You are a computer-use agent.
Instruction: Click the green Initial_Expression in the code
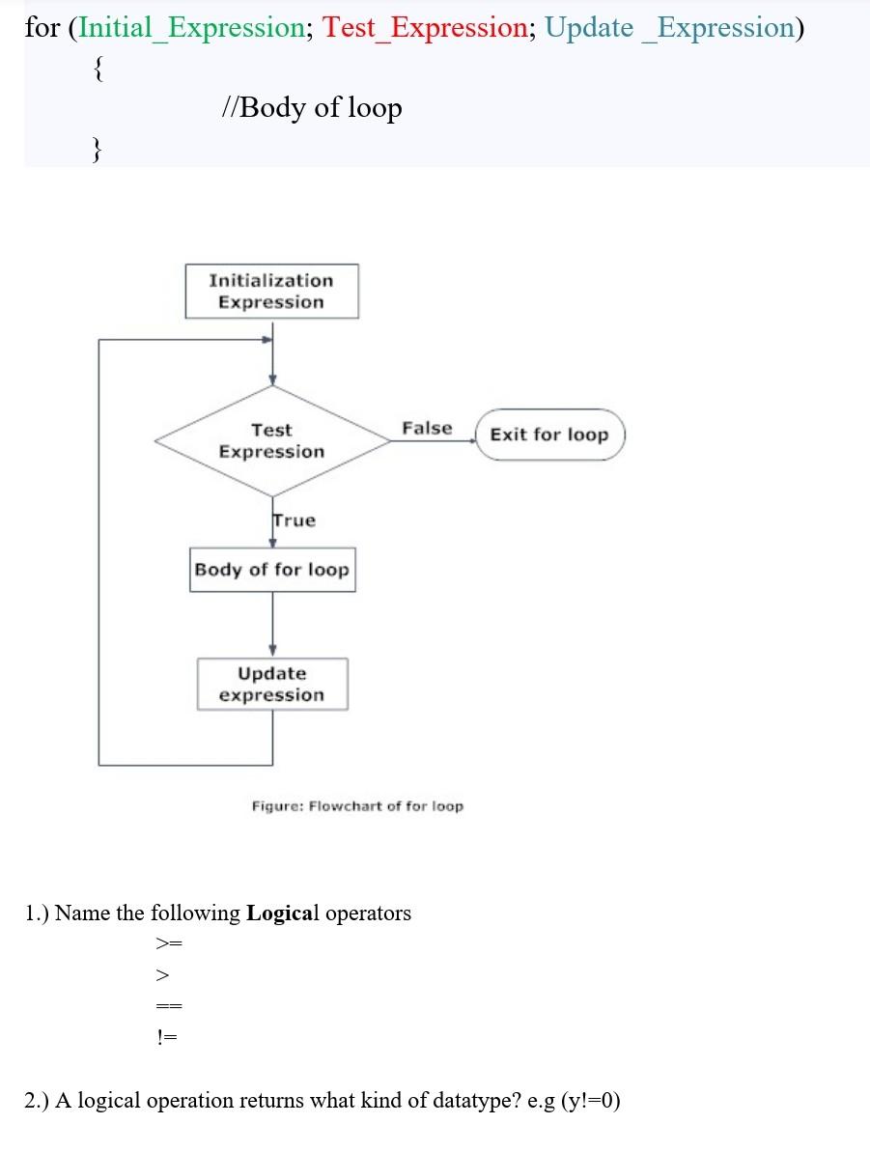coord(191,27)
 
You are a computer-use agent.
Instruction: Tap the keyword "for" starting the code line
coord(42,27)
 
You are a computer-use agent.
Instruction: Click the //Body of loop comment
coord(311,106)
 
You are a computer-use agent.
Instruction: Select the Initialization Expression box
coord(271,292)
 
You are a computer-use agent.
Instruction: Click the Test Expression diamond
coord(271,441)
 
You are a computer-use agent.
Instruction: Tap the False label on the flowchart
coord(427,428)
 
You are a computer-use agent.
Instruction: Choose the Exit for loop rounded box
coord(549,435)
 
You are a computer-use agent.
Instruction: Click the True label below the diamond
coord(294,520)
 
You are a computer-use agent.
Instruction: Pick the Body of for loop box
coord(271,570)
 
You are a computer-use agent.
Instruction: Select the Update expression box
coord(271,684)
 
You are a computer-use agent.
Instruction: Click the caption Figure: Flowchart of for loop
coord(357,805)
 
